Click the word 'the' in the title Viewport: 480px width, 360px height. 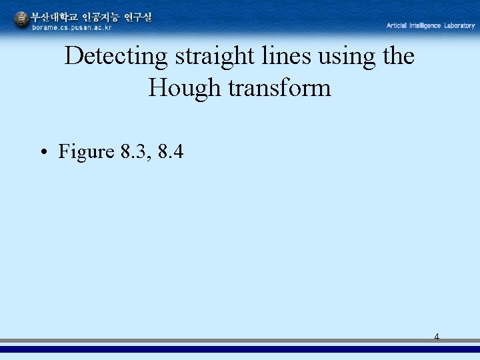pyautogui.click(x=398, y=57)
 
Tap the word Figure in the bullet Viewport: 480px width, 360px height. pyautogui.click(x=87, y=152)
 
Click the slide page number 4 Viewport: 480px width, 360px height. pyautogui.click(x=437, y=337)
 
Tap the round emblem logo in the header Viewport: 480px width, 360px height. pyautogui.click(x=22, y=21)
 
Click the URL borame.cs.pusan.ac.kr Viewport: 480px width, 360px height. pyautogui.click(x=72, y=27)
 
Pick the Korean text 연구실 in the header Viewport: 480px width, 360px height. pyautogui.click(x=137, y=17)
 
